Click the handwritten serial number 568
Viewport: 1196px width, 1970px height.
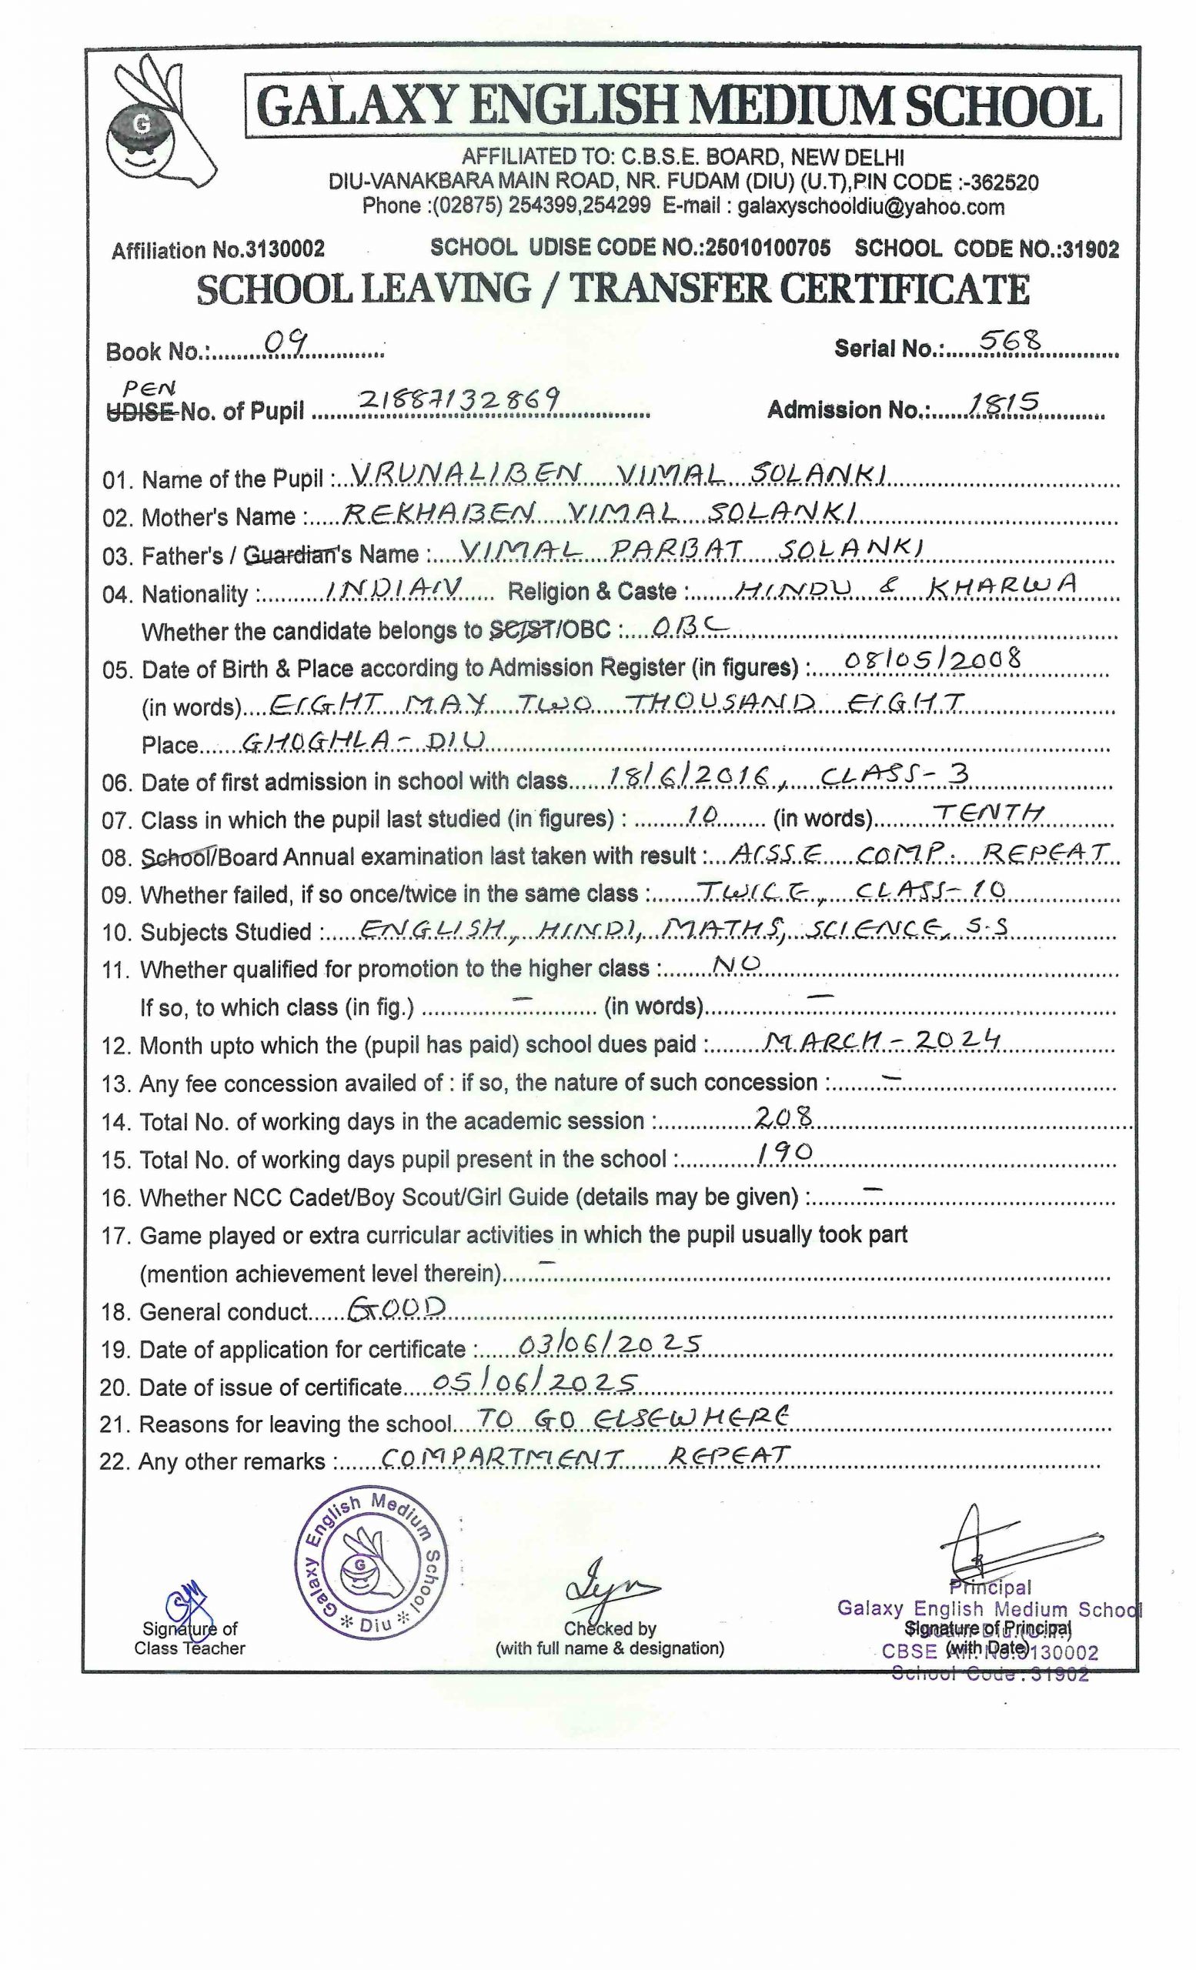pyautogui.click(x=1010, y=342)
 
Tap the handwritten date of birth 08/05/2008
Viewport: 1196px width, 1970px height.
pyautogui.click(x=931, y=660)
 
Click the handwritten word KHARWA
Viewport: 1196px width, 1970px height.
pyautogui.click(x=1002, y=587)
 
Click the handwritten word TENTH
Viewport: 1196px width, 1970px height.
pyautogui.click(x=988, y=813)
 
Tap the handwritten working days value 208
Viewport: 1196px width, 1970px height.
pyautogui.click(x=783, y=1115)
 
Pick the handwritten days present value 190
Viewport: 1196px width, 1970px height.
pyautogui.click(x=784, y=1153)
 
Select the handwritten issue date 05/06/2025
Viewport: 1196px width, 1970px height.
pyautogui.click(x=534, y=1382)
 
